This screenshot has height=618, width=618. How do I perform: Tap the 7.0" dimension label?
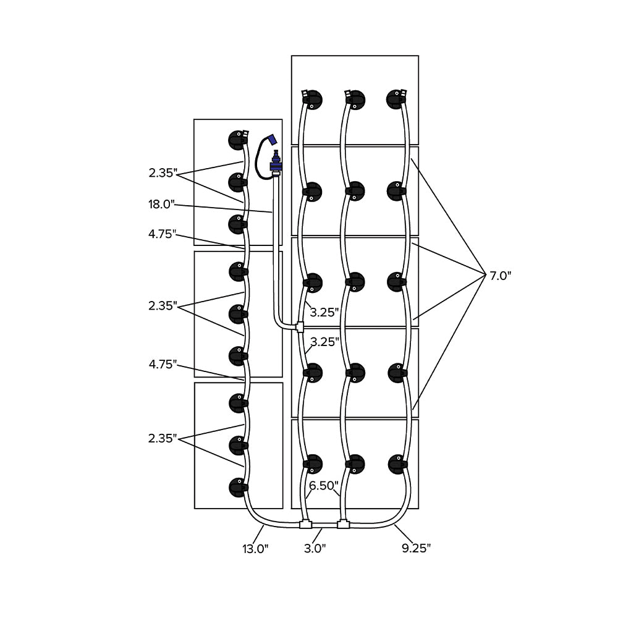coord(501,276)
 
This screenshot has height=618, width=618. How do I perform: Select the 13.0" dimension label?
coord(255,548)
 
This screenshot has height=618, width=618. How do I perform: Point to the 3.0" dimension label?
coord(315,548)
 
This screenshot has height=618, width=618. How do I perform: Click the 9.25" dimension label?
coord(415,548)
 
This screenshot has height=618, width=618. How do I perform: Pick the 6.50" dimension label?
coord(321,486)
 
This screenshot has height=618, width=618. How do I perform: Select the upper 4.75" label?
coord(162,234)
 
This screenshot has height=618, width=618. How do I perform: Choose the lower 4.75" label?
coord(162,365)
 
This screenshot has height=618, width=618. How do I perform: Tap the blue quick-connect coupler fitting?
coord(275,164)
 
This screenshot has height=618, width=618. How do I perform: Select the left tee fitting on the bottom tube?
coord(305,525)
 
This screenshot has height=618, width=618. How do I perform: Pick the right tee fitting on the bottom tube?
coord(344,525)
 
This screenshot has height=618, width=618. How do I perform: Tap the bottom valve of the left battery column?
coord(237,488)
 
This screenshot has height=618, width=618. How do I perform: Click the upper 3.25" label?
coord(324,312)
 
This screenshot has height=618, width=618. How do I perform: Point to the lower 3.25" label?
coord(324,342)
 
